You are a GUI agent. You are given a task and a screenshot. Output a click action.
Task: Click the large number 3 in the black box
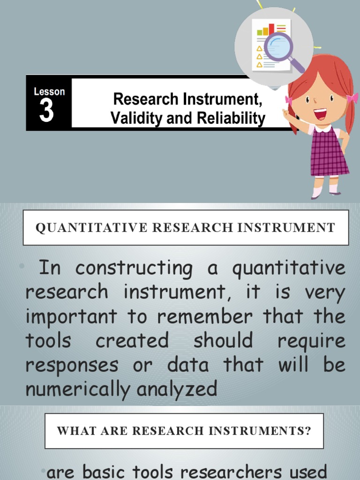(x=46, y=111)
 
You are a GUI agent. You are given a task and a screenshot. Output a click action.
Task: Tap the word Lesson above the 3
(x=49, y=92)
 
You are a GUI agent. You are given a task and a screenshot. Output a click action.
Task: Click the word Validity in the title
(x=132, y=118)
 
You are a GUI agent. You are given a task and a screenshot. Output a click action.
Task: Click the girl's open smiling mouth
(x=320, y=113)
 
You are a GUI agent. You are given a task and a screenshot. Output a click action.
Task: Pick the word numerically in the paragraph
(x=69, y=389)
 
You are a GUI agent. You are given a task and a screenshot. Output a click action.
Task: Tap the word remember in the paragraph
(x=205, y=317)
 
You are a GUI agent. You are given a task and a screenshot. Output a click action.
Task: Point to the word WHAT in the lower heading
(x=72, y=431)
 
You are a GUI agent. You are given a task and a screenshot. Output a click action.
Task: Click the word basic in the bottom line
(x=103, y=471)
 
